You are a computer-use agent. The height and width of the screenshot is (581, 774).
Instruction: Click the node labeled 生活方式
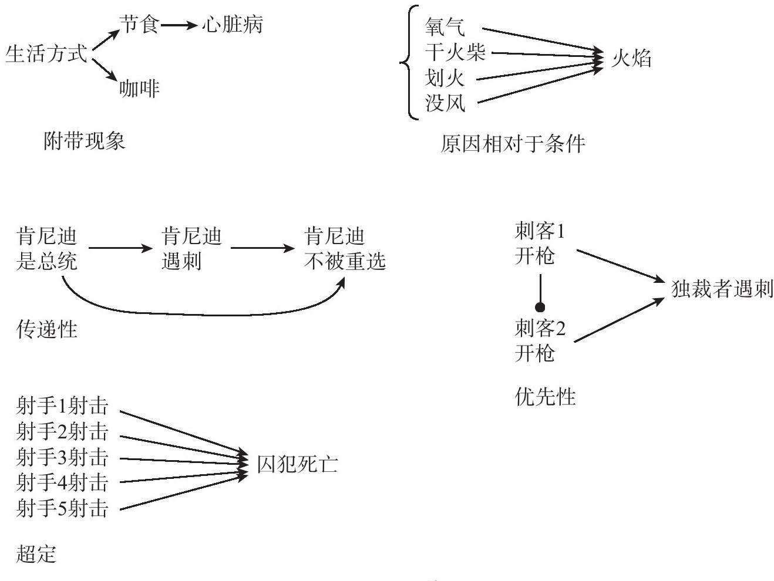click(x=46, y=55)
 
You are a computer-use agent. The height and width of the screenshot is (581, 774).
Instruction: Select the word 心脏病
click(x=232, y=25)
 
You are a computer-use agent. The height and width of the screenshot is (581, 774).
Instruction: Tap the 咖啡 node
click(x=139, y=89)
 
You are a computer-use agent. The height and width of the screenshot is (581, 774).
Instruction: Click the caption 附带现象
click(x=85, y=141)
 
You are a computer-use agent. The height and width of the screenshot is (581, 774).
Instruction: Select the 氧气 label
click(x=445, y=27)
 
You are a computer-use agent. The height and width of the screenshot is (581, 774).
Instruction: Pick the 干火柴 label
click(x=455, y=53)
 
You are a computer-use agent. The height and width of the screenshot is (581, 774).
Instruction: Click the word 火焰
click(x=631, y=58)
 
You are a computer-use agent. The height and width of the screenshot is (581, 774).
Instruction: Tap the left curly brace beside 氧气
click(x=407, y=62)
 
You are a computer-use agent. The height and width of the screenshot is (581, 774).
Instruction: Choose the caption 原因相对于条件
click(x=512, y=144)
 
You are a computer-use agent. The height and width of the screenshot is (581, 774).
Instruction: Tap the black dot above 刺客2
click(x=540, y=307)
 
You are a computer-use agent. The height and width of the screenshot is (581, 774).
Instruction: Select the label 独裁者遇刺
click(x=722, y=289)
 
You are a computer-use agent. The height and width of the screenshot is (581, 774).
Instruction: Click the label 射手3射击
click(x=63, y=457)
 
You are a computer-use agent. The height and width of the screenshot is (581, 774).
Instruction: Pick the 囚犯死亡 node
click(x=297, y=465)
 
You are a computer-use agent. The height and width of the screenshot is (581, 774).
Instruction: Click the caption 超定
click(x=36, y=553)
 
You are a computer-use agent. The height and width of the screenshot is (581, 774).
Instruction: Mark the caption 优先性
click(x=545, y=397)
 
